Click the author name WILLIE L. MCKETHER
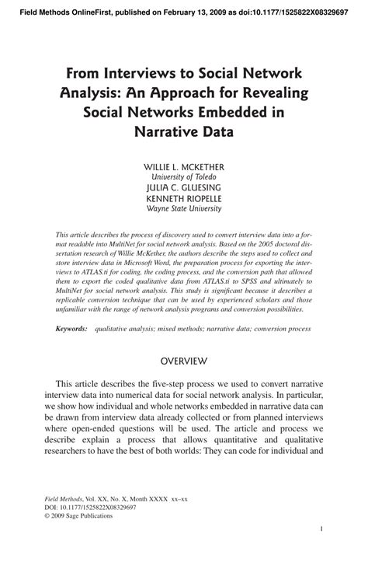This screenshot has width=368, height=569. coord(184,166)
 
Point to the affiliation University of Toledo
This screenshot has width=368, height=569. coord(184,176)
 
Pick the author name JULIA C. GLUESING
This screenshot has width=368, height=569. coord(184,187)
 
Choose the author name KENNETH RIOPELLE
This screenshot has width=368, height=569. coord(184,198)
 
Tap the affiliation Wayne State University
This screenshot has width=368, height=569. coord(184,208)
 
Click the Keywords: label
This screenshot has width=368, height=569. coord(71,329)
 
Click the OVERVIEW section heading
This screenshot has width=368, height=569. coord(184,361)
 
